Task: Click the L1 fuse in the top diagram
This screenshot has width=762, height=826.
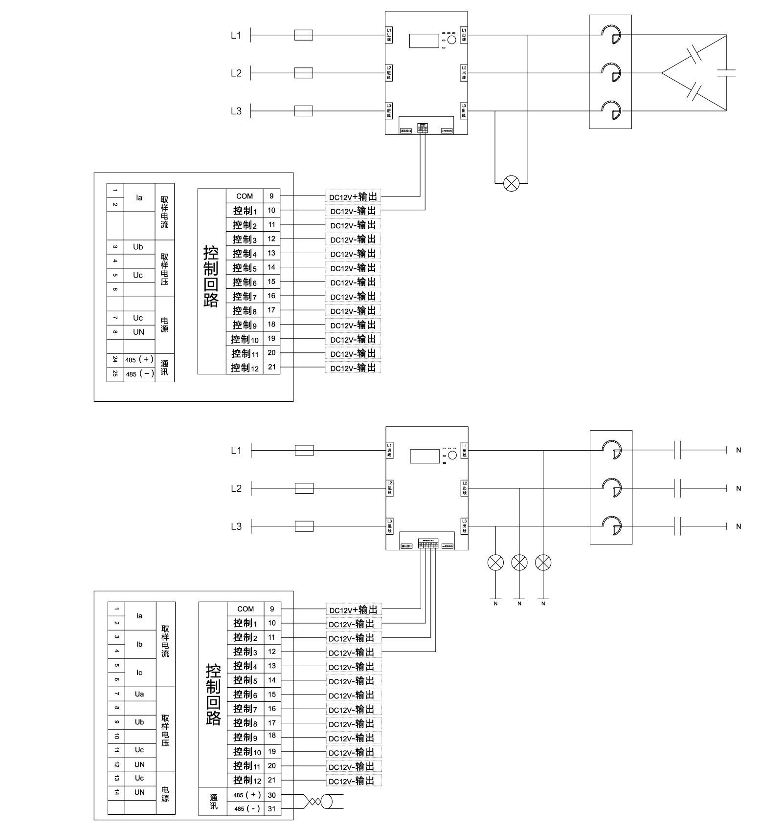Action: point(303,35)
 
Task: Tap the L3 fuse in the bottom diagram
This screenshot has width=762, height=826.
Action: point(304,526)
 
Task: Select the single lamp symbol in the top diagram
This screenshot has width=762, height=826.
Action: point(512,184)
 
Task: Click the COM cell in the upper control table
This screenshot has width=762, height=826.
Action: point(245,196)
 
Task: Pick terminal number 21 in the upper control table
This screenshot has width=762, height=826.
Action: point(271,367)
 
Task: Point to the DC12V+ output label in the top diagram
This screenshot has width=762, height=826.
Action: point(353,197)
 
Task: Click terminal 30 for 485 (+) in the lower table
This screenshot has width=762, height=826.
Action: point(272,795)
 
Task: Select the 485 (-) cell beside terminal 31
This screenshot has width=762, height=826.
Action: point(247,809)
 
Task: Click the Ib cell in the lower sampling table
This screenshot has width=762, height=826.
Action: point(139,644)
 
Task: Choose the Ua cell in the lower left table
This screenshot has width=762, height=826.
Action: point(139,694)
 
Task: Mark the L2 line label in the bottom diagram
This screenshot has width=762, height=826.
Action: point(236,489)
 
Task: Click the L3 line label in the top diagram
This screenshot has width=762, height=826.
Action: point(236,111)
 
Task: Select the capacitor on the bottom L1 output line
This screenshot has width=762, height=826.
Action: point(677,450)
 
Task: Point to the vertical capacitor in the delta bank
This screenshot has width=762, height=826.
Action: point(726,73)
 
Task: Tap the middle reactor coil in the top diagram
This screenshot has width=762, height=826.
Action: point(611,73)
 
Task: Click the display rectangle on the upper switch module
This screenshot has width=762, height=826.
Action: point(424,41)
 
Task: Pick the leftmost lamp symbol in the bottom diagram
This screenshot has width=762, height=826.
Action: point(495,563)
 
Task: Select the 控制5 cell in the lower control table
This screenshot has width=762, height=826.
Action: point(245,680)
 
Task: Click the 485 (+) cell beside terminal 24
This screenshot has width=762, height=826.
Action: point(139,360)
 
